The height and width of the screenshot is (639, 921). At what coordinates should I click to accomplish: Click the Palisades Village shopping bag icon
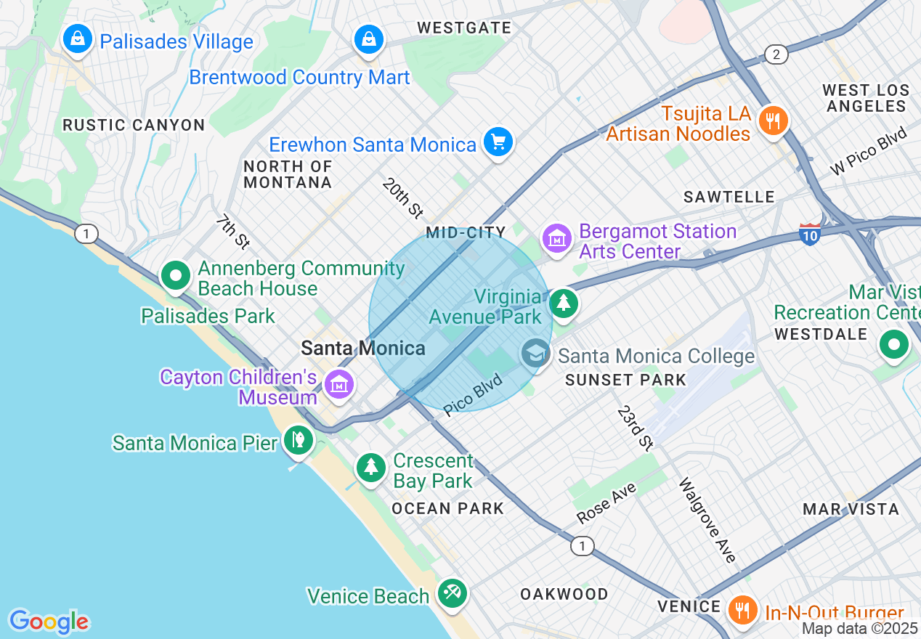click(77, 39)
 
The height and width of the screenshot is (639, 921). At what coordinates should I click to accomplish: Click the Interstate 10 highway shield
click(810, 234)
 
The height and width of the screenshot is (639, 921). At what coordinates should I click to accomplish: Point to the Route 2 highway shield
click(776, 54)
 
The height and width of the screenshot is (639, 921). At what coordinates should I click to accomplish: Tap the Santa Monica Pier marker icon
click(298, 439)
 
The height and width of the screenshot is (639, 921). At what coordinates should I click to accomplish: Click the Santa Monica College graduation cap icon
click(535, 354)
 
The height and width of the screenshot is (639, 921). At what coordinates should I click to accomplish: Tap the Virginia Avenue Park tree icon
click(563, 302)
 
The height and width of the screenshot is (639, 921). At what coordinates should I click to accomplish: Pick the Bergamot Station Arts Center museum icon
click(556, 237)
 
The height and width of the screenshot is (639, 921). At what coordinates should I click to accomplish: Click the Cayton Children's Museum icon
click(338, 384)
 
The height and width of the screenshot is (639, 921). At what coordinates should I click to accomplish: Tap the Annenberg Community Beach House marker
click(175, 275)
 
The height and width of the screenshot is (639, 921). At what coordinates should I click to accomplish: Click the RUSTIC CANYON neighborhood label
click(134, 125)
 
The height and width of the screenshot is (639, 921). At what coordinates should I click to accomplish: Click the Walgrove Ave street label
click(707, 520)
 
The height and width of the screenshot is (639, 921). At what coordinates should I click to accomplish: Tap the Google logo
click(49, 621)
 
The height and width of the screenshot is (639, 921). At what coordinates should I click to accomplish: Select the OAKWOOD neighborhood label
click(564, 594)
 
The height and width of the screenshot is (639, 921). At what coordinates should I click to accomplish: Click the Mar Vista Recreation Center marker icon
click(893, 344)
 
